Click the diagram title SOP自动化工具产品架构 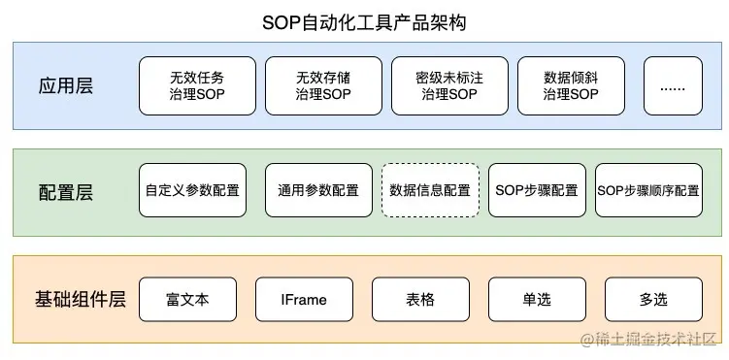tap(364, 21)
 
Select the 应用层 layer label tap(64, 85)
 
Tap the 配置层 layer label tap(64, 191)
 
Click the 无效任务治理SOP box tap(197, 85)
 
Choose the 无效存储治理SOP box tap(323, 85)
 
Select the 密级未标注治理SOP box tap(449, 85)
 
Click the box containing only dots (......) tap(673, 85)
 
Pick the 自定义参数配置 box tap(192, 190)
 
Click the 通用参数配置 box tap(318, 190)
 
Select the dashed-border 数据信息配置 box tap(430, 190)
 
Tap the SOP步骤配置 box tap(536, 190)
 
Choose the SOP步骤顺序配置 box tap(648, 190)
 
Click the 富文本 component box tap(187, 299)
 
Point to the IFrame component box tap(304, 299)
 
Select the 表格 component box tap(420, 299)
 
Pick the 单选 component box tap(536, 299)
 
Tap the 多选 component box tap(653, 299)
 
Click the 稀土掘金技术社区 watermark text tap(654, 340)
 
